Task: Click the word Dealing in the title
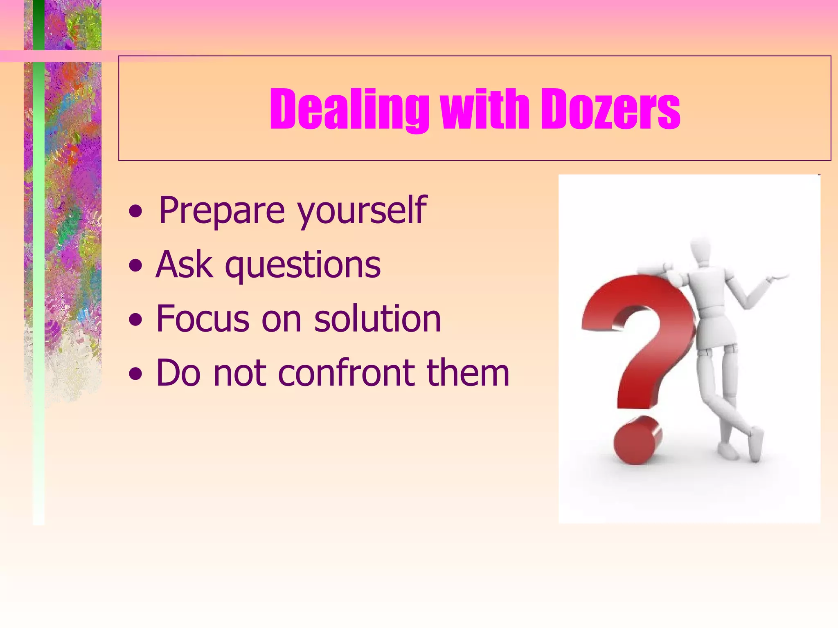tap(349, 110)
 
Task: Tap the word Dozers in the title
tap(610, 110)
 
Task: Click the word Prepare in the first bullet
tap(221, 211)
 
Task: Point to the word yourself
tap(362, 211)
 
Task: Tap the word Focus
tap(203, 319)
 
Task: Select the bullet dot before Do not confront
tap(135, 374)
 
